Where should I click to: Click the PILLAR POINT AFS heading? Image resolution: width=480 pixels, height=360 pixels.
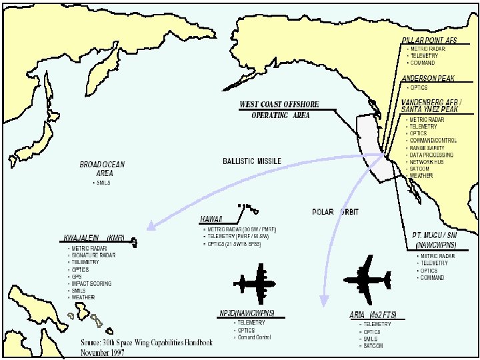click(429, 41)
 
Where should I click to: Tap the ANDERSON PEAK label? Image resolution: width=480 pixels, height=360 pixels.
click(428, 79)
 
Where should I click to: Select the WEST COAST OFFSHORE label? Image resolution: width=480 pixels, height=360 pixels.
click(279, 105)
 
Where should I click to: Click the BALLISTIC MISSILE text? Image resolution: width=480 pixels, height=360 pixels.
click(252, 161)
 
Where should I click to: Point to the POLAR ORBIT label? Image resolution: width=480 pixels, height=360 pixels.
click(335, 212)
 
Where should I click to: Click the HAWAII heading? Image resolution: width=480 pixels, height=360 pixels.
click(211, 219)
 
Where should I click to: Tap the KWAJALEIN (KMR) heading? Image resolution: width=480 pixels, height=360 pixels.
click(94, 238)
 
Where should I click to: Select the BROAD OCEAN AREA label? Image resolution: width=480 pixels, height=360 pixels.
click(102, 168)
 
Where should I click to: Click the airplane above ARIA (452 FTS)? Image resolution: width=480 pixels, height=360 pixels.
click(367, 275)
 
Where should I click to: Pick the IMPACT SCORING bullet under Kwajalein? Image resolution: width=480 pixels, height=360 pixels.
click(91, 284)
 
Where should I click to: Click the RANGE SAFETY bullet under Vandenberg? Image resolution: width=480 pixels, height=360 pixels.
click(426, 148)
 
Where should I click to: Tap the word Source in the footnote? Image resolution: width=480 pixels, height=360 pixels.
click(92, 343)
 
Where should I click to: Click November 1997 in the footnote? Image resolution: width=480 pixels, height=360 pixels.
click(103, 352)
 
